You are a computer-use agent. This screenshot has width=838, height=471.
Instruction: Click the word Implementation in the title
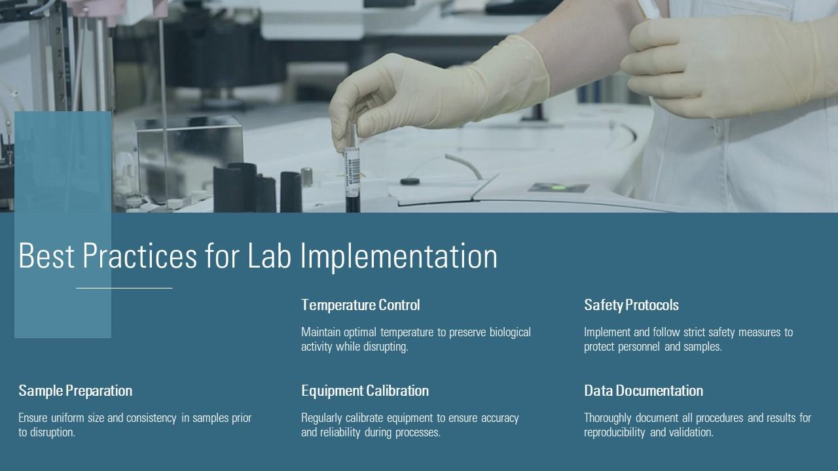399,256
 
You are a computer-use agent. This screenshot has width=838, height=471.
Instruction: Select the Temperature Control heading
361,305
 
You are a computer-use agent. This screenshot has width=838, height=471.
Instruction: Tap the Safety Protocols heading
632,305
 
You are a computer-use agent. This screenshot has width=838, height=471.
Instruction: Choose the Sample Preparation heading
75,391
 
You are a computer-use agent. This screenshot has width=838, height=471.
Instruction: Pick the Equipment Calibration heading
365,391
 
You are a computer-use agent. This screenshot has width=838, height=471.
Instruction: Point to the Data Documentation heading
644,391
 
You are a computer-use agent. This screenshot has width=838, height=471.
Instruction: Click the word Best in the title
46,256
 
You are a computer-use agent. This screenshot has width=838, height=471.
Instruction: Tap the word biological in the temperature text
510,332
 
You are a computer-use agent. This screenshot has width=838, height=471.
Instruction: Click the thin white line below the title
124,288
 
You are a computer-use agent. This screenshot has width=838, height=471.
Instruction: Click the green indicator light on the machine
558,187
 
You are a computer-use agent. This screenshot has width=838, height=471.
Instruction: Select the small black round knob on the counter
410,182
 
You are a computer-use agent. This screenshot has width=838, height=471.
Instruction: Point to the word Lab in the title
269,256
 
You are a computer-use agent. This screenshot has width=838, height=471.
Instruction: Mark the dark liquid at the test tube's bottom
353,205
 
